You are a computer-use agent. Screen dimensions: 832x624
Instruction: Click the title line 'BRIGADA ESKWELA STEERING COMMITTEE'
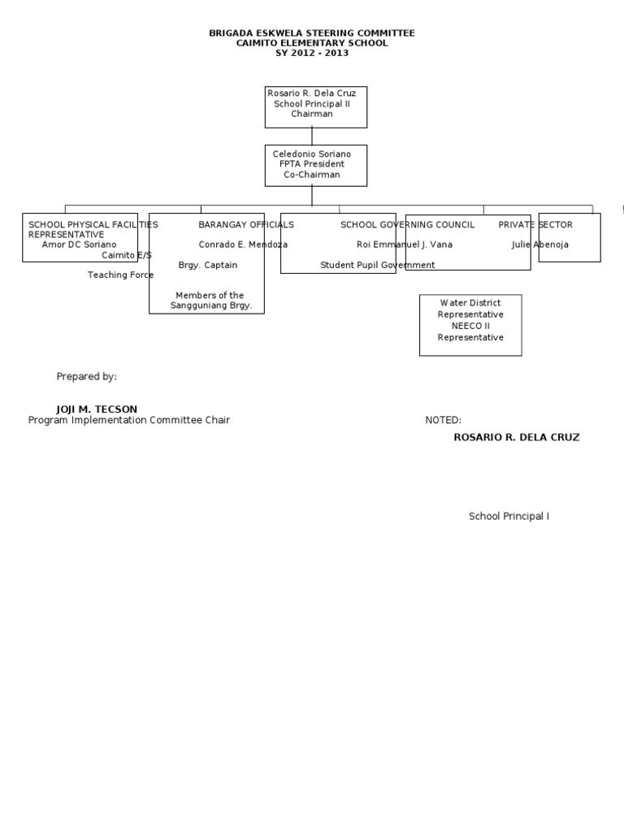[312, 33]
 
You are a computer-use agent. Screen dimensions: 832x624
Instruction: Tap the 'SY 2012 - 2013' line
[312, 54]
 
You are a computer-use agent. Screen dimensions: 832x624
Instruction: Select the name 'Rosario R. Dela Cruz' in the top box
[312, 94]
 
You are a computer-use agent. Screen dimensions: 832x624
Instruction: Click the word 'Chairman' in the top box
[312, 115]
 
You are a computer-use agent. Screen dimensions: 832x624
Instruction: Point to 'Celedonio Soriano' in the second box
[312, 154]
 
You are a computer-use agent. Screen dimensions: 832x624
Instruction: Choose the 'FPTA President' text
[312, 164]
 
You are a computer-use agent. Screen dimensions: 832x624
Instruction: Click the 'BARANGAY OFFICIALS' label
[246, 225]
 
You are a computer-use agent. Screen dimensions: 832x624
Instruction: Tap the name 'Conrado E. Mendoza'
[243, 245]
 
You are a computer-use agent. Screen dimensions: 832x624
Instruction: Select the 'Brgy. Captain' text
[208, 266]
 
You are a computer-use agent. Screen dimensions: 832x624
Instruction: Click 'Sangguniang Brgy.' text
[211, 305]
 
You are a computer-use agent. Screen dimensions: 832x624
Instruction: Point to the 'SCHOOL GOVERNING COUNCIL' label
[407, 225]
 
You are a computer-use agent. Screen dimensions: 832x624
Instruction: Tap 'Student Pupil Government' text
[378, 266]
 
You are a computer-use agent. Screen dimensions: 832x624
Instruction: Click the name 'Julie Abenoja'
[540, 245]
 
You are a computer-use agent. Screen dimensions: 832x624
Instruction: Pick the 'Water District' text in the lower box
[470, 303]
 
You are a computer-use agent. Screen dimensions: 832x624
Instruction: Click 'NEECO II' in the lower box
[470, 326]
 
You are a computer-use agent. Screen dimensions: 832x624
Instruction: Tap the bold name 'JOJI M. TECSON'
[97, 409]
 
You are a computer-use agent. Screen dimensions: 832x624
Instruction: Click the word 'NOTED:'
[443, 421]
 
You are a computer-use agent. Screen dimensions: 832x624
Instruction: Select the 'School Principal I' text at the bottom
[509, 517]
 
